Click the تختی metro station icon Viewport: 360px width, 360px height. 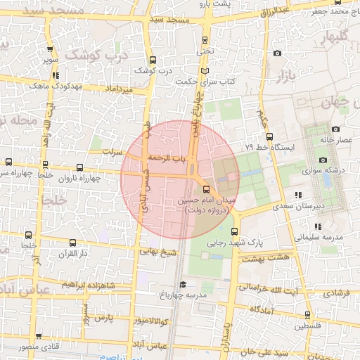(x=205, y=40)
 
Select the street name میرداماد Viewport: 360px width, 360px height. (x=119, y=90)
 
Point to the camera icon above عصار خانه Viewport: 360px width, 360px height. (x=335, y=129)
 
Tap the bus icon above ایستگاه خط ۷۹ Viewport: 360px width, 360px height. (x=271, y=136)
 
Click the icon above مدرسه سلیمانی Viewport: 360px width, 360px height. (x=318, y=226)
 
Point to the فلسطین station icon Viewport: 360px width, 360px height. (x=307, y=315)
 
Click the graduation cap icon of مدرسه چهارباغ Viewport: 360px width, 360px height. (x=183, y=284)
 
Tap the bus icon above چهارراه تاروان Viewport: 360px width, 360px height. (x=79, y=168)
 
